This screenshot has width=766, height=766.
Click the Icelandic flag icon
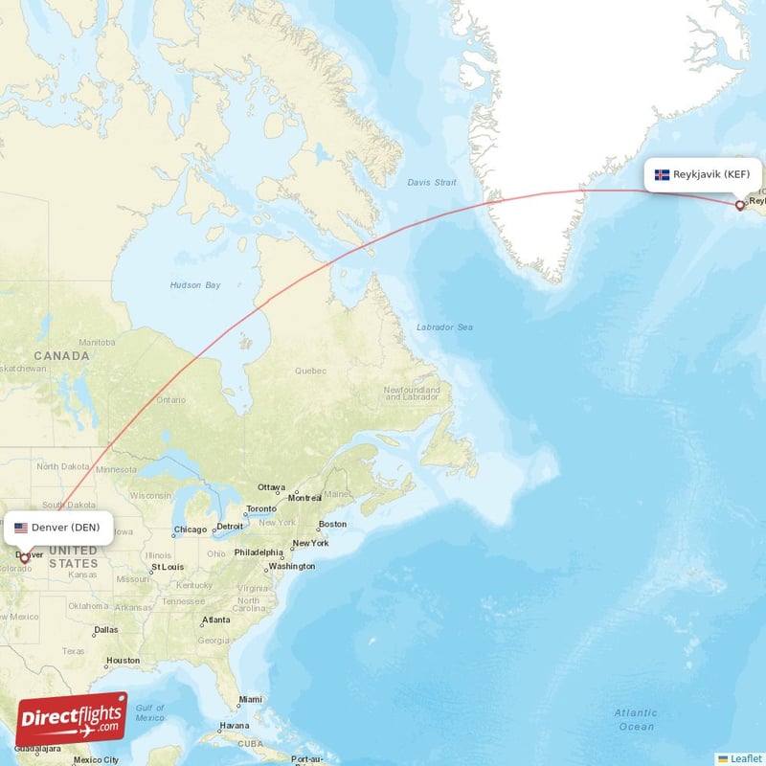662,175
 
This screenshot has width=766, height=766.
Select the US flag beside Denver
20,527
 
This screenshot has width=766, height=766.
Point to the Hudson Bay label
195,285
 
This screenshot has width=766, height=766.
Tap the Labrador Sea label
444,327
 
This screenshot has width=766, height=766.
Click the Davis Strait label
432,182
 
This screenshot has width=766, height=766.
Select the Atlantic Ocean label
636,719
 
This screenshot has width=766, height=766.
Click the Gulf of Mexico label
150,712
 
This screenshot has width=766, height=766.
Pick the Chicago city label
191,529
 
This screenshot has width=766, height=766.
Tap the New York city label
311,543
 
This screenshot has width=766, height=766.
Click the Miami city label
251,699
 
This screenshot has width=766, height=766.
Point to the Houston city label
123,661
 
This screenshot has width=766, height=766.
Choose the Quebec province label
311,371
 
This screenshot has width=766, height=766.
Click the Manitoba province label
97,342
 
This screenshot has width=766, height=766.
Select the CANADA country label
61,356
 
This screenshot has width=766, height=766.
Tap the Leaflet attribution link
746,758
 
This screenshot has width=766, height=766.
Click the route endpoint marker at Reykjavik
739,205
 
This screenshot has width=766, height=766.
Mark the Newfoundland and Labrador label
412,394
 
